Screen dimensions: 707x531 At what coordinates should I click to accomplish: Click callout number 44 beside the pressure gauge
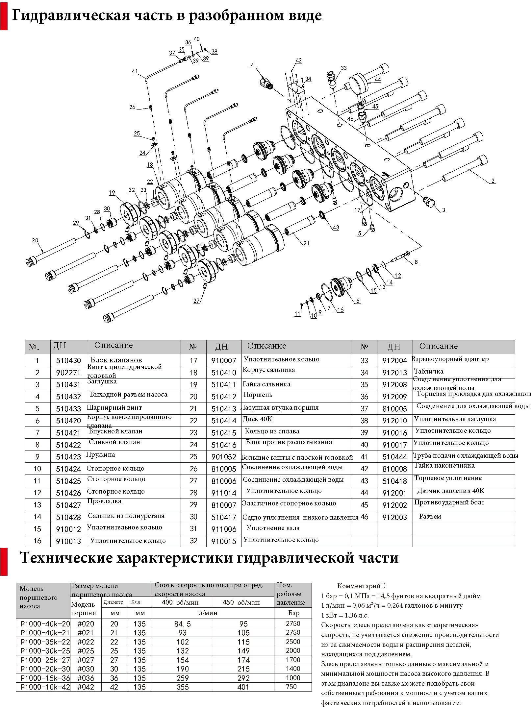coord(378,80)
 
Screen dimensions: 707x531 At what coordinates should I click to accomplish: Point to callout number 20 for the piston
coord(35,240)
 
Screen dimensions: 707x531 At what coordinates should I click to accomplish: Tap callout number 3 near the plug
coord(443,210)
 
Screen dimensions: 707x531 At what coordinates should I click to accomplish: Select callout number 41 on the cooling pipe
coord(135,71)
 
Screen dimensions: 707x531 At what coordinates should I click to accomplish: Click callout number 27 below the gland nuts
coord(196,301)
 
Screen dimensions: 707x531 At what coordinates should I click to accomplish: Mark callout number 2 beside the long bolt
coord(493,181)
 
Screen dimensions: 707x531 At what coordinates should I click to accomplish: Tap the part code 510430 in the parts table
coord(68,360)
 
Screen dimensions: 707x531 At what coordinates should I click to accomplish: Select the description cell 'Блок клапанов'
coord(116,360)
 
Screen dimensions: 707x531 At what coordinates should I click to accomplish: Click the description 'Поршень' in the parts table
coord(258,395)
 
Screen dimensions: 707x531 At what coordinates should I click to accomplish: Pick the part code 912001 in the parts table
coord(394,493)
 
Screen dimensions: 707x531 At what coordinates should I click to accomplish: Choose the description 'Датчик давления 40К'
coord(451,491)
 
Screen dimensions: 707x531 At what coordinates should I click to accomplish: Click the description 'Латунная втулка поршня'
coord(280,407)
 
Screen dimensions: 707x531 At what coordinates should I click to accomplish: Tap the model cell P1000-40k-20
coord(45,624)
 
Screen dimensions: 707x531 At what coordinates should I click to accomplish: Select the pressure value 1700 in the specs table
coord(293,660)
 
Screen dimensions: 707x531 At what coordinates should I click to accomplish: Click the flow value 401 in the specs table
coord(243,687)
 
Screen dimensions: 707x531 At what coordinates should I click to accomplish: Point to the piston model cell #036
coord(86,678)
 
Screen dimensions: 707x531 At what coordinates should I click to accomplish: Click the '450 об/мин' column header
coord(241,602)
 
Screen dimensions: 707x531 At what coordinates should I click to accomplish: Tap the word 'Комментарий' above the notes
coord(359,586)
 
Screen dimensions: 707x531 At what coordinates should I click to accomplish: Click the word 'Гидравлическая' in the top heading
coord(71,15)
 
